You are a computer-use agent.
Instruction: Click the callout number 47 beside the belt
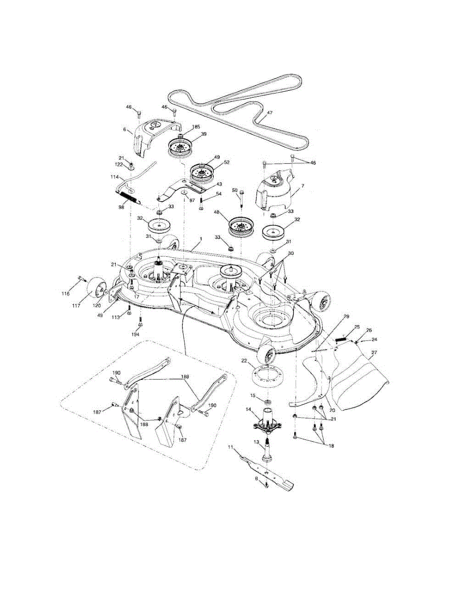point(270,113)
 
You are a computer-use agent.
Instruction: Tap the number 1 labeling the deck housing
point(200,239)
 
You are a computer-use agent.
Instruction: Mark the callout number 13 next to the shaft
point(257,442)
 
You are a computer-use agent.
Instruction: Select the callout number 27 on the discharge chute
point(374,352)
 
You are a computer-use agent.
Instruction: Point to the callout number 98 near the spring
point(121,207)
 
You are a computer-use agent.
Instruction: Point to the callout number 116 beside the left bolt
point(66,294)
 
